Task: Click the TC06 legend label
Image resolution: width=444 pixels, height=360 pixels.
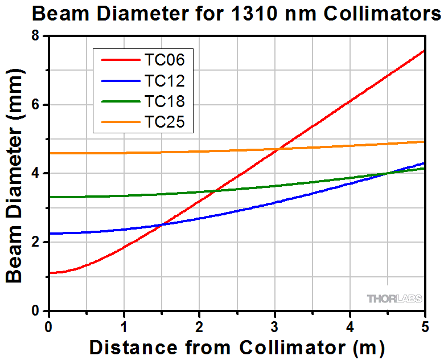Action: [x=165, y=59]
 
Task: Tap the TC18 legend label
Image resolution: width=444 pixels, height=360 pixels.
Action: [x=165, y=101]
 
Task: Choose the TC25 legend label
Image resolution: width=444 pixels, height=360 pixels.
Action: [x=165, y=122]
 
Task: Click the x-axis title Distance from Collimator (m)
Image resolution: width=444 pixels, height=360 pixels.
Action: [x=237, y=346]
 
